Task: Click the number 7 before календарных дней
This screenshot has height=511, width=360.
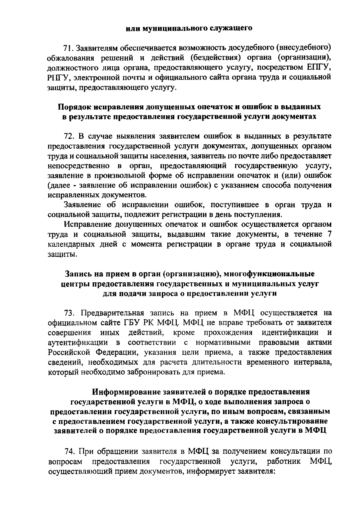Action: tap(330, 234)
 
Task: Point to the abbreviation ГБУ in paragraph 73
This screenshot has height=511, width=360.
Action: tap(132, 323)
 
